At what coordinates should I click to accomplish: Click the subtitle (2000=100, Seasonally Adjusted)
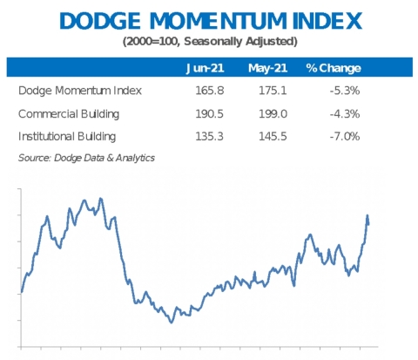coord(209,41)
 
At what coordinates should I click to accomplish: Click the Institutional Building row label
coord(68,136)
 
